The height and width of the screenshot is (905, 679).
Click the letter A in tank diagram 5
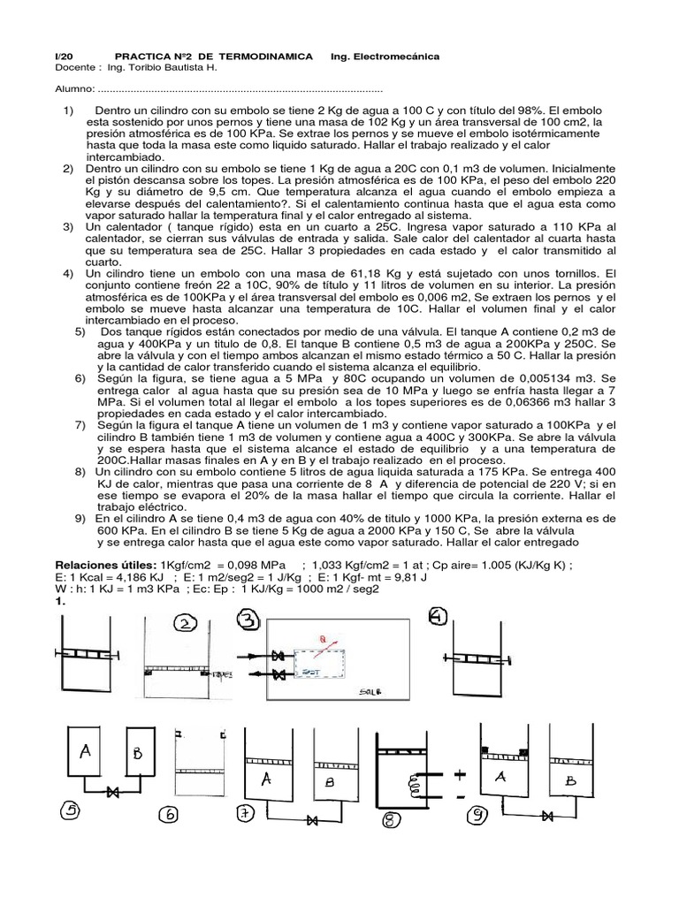86,751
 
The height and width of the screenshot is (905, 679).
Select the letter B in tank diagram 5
136,754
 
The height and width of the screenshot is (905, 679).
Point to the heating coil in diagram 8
409,780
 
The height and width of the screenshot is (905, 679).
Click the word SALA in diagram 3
363,694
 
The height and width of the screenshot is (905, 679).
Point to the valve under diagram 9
549,815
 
